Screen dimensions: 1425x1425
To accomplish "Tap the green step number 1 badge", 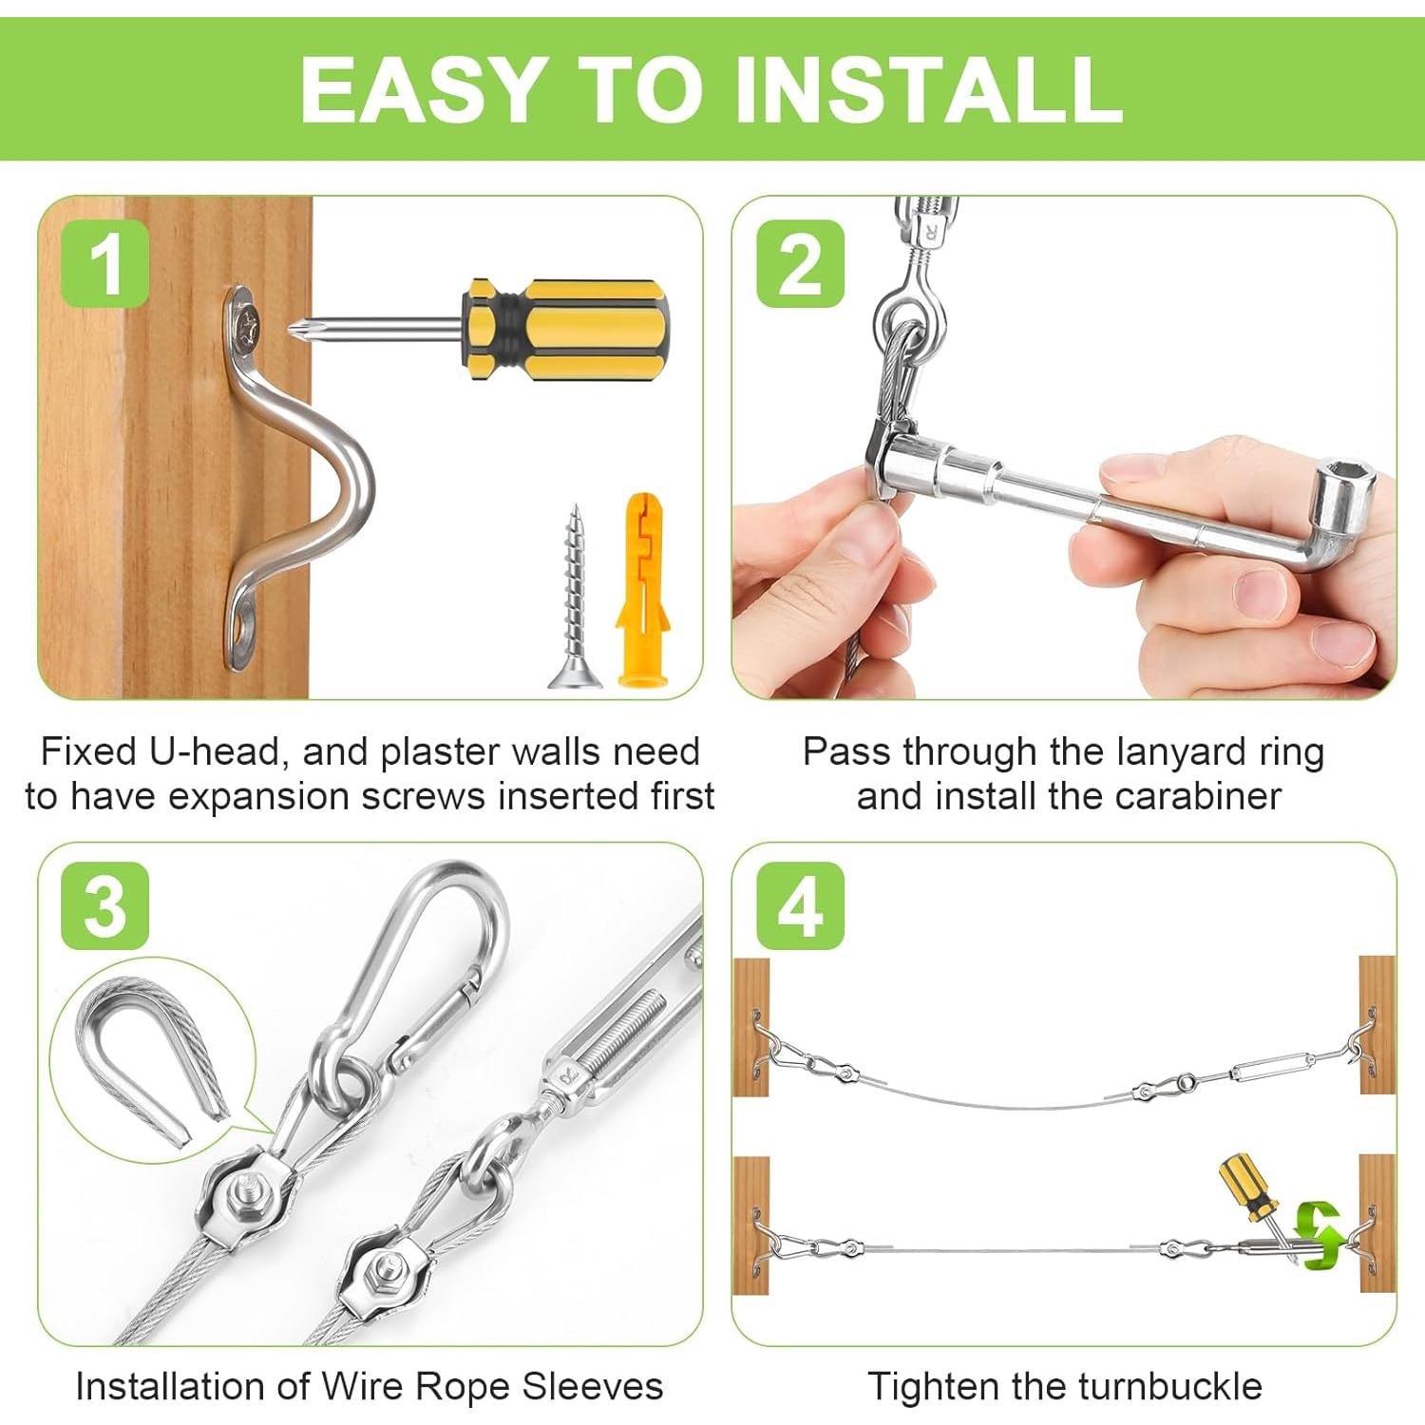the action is (x=105, y=263).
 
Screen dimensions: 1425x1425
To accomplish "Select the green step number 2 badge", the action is (x=800, y=263).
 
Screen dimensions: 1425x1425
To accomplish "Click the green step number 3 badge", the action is (x=105, y=906).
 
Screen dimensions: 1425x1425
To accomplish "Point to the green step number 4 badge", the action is (x=800, y=906).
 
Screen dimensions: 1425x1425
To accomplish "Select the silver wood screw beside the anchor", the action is (x=574, y=597).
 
